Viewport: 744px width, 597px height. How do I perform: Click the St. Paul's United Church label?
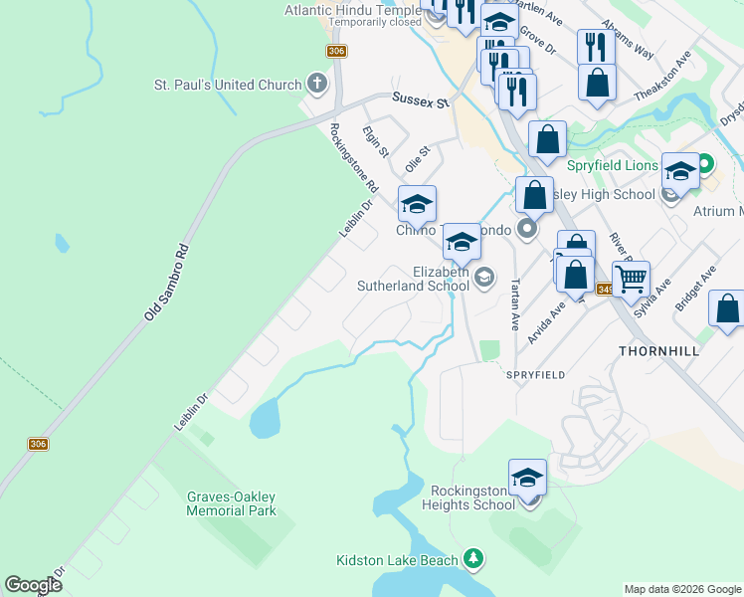click(227, 85)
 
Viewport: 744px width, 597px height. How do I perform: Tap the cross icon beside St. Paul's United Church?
click(317, 84)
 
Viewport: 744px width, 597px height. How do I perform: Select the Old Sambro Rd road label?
click(166, 282)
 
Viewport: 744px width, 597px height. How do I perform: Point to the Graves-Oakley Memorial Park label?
click(231, 503)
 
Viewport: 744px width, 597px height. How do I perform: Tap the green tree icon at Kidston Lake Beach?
click(474, 559)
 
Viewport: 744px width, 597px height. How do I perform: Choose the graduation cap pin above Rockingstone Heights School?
click(527, 479)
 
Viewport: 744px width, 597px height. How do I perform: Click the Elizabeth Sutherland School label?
click(413, 278)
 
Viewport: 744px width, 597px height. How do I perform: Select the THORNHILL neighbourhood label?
click(659, 351)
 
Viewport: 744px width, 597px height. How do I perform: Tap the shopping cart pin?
click(631, 281)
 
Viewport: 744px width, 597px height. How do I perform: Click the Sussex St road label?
click(421, 100)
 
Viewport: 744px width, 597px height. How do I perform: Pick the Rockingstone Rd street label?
click(354, 157)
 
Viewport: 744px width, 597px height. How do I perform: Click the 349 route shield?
click(606, 290)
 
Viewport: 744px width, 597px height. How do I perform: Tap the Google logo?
click(33, 585)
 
